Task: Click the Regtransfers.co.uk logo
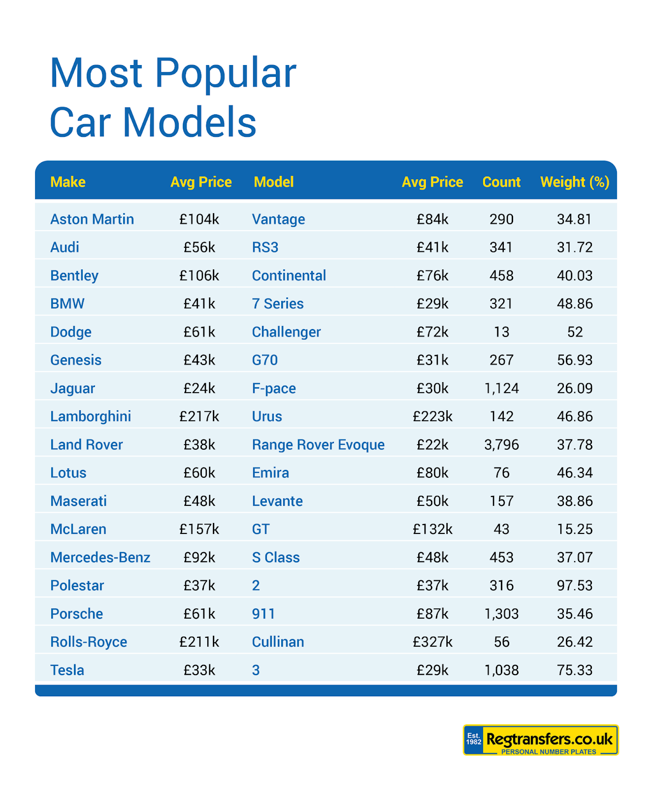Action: pos(540,740)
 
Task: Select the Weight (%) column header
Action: pos(575,182)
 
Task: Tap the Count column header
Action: pos(501,182)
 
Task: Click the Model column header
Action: pos(273,182)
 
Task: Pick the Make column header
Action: pos(68,182)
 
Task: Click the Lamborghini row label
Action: pos(91,417)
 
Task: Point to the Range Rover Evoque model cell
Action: pos(318,445)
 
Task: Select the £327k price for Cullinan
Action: pos(432,642)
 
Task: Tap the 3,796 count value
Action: pos(501,445)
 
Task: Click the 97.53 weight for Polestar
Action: pos(575,586)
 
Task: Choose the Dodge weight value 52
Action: pos(575,332)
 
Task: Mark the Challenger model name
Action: pos(286,332)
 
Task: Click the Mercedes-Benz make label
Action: pos(100,558)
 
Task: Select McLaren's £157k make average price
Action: pos(199,529)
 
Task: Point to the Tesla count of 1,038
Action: pos(501,670)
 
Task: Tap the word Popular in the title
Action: pos(226,74)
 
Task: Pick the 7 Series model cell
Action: pos(278,304)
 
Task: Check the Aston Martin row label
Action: pos(92,219)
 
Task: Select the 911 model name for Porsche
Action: pos(263,614)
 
